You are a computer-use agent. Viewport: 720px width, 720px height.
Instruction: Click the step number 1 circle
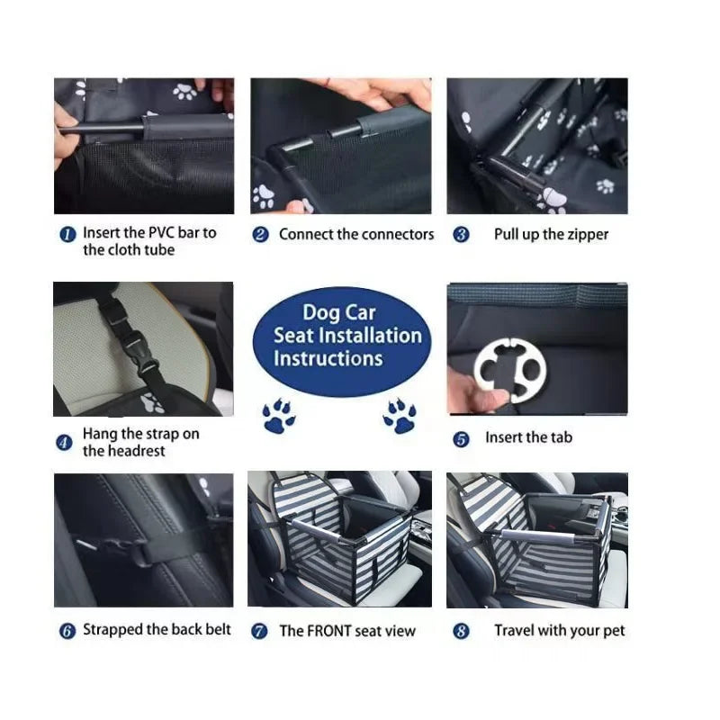[67, 234]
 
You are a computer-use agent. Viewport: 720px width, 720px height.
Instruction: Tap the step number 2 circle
[260, 235]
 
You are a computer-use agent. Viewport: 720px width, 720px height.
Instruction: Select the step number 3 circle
[461, 235]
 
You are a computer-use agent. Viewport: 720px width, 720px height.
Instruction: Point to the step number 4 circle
[64, 442]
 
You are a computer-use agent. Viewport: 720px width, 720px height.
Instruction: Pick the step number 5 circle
[461, 439]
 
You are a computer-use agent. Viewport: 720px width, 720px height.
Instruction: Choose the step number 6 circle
[67, 631]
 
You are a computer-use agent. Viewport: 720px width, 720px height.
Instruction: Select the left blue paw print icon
[278, 417]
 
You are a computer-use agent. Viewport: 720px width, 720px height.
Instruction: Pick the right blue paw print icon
[399, 416]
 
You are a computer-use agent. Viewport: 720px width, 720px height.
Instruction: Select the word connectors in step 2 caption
[398, 235]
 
